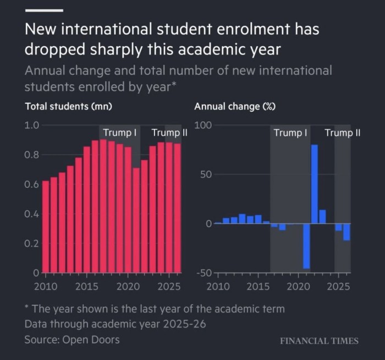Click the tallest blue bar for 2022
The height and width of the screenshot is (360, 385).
pos(315,184)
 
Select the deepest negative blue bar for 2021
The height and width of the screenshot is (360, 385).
pos(306,246)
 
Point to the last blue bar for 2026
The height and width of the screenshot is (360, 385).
pos(346,232)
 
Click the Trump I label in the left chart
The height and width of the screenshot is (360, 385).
pos(120,133)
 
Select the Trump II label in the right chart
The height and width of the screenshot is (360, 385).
pos(342,133)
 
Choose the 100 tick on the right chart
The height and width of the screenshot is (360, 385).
pos(203,125)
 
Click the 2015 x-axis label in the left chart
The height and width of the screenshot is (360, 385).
pos(86,287)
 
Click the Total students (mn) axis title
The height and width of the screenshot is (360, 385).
pos(69,106)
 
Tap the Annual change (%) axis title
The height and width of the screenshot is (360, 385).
pos(235,106)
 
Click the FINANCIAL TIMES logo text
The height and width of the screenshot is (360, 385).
pos(319,341)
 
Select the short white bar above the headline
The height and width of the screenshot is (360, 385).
pos(44,10)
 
